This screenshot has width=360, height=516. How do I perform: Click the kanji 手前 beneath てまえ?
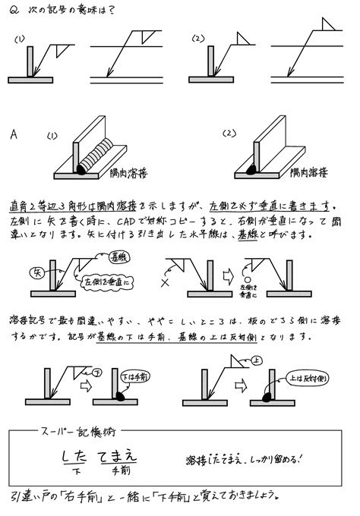click(120, 471)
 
